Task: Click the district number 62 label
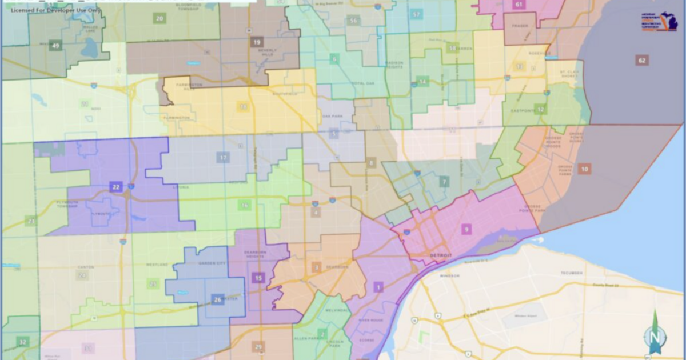642,60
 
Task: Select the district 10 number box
584,169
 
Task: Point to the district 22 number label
116,186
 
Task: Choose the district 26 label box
217,299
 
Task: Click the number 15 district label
258,278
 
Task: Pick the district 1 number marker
378,287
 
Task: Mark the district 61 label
519,5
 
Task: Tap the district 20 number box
159,18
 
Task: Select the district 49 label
55,46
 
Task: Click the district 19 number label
257,42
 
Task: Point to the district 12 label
540,109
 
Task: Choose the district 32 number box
23,342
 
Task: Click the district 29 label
258,347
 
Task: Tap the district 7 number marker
444,183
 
